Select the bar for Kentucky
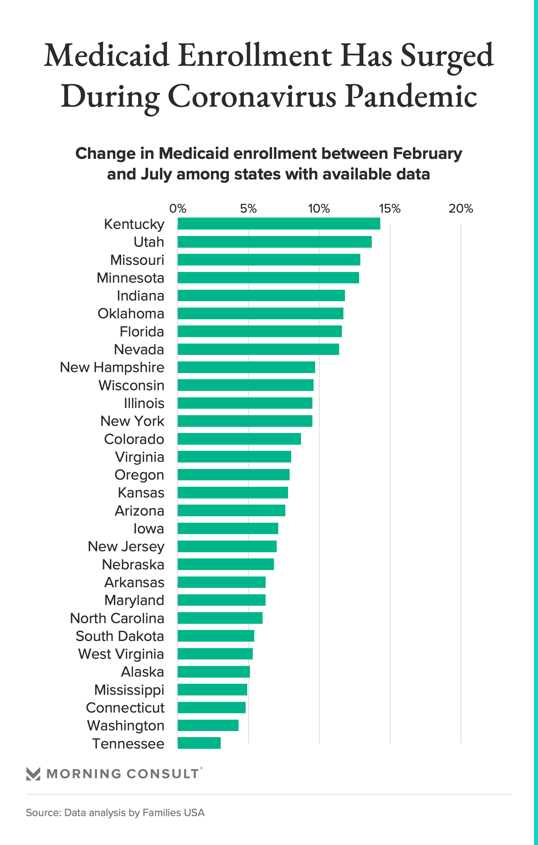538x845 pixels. coord(279,223)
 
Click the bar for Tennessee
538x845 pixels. coord(199,743)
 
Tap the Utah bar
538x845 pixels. coord(275,242)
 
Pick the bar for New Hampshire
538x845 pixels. coord(246,367)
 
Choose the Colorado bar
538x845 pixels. coord(239,439)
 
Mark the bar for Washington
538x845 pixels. coord(208,725)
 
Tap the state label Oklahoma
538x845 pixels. coord(131,313)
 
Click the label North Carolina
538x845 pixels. coord(117,618)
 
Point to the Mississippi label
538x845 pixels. coord(129,690)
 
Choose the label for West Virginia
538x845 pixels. coord(121,654)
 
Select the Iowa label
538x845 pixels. coord(148,529)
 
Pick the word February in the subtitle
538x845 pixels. coord(427,153)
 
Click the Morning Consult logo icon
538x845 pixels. coord(34,774)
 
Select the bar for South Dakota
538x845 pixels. coord(216,635)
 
